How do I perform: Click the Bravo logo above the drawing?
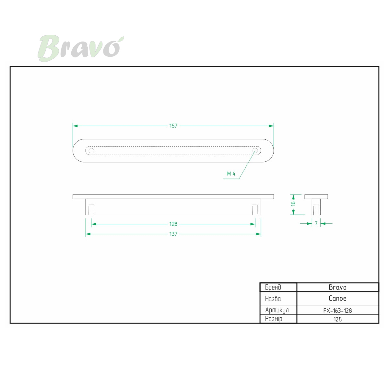point(81,48)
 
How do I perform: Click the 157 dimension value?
point(173,126)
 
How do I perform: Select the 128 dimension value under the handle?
point(173,224)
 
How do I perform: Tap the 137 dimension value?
point(173,234)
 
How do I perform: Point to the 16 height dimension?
point(293,203)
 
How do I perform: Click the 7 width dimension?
point(316,223)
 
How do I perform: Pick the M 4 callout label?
point(231,174)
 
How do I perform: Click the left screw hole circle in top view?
point(91,151)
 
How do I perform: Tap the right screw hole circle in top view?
point(255,151)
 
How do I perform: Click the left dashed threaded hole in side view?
point(91,209)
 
